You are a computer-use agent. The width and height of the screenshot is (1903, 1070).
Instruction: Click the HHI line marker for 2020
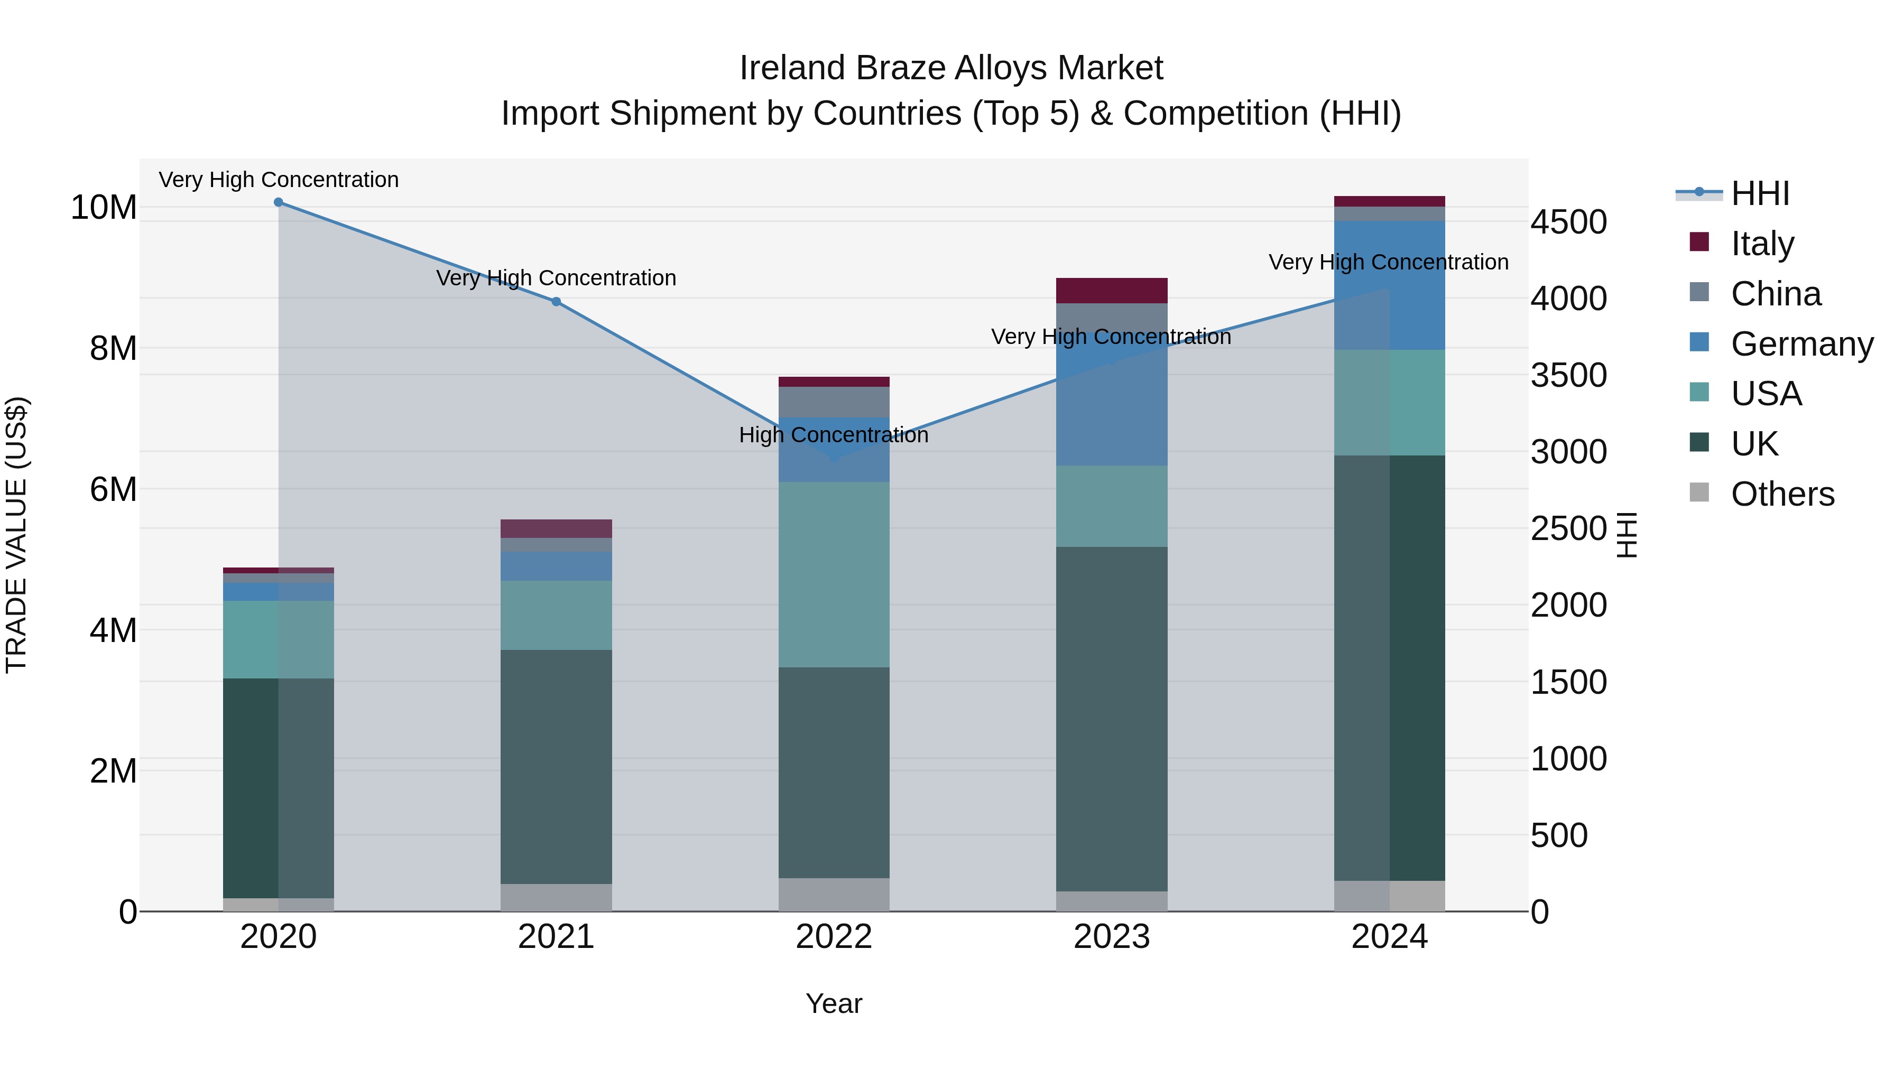tap(279, 202)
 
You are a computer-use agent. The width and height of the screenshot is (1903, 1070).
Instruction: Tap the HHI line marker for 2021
tap(556, 301)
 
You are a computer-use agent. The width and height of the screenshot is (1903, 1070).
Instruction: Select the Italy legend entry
tap(1762, 244)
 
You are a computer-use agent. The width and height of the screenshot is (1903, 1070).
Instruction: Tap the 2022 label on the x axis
tap(834, 937)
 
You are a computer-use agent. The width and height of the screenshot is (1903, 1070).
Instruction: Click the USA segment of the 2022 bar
tap(834, 574)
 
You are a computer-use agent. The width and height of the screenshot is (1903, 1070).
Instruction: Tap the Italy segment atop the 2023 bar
tap(1112, 290)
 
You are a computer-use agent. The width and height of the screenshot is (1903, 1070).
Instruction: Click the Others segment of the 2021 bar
tap(556, 897)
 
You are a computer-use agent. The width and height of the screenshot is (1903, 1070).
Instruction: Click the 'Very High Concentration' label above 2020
tap(279, 180)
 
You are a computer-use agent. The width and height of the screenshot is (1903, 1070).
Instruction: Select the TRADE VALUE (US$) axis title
tap(16, 535)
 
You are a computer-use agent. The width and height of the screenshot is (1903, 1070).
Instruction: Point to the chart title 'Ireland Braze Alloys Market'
tap(951, 68)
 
